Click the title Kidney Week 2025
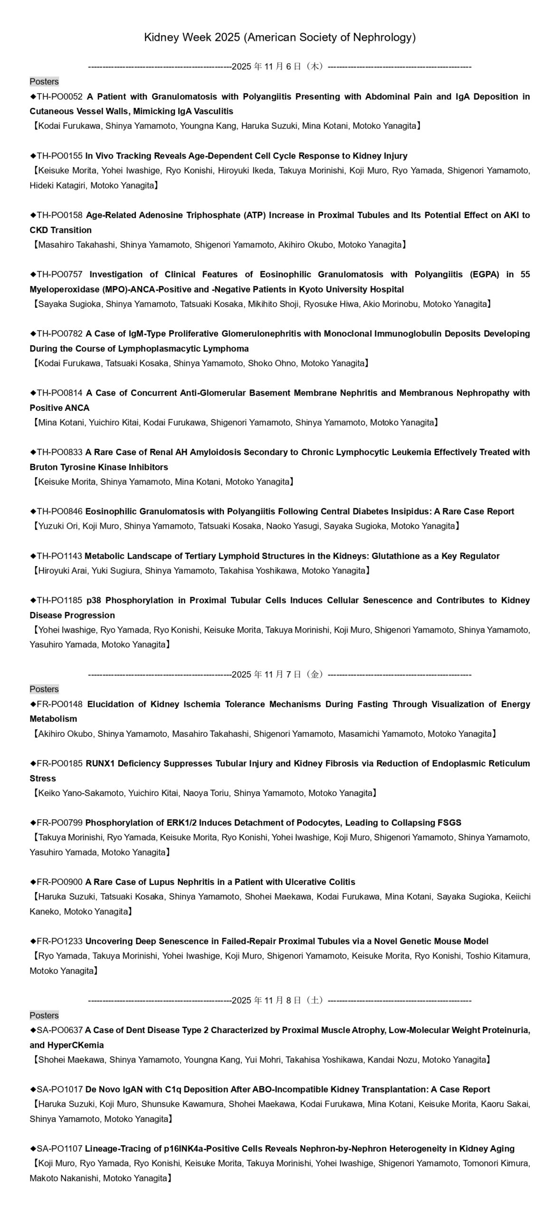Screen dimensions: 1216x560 [x=280, y=38]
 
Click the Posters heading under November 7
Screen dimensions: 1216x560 [x=44, y=689]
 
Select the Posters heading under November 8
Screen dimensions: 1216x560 [x=44, y=1016]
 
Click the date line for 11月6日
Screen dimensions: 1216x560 [x=280, y=67]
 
